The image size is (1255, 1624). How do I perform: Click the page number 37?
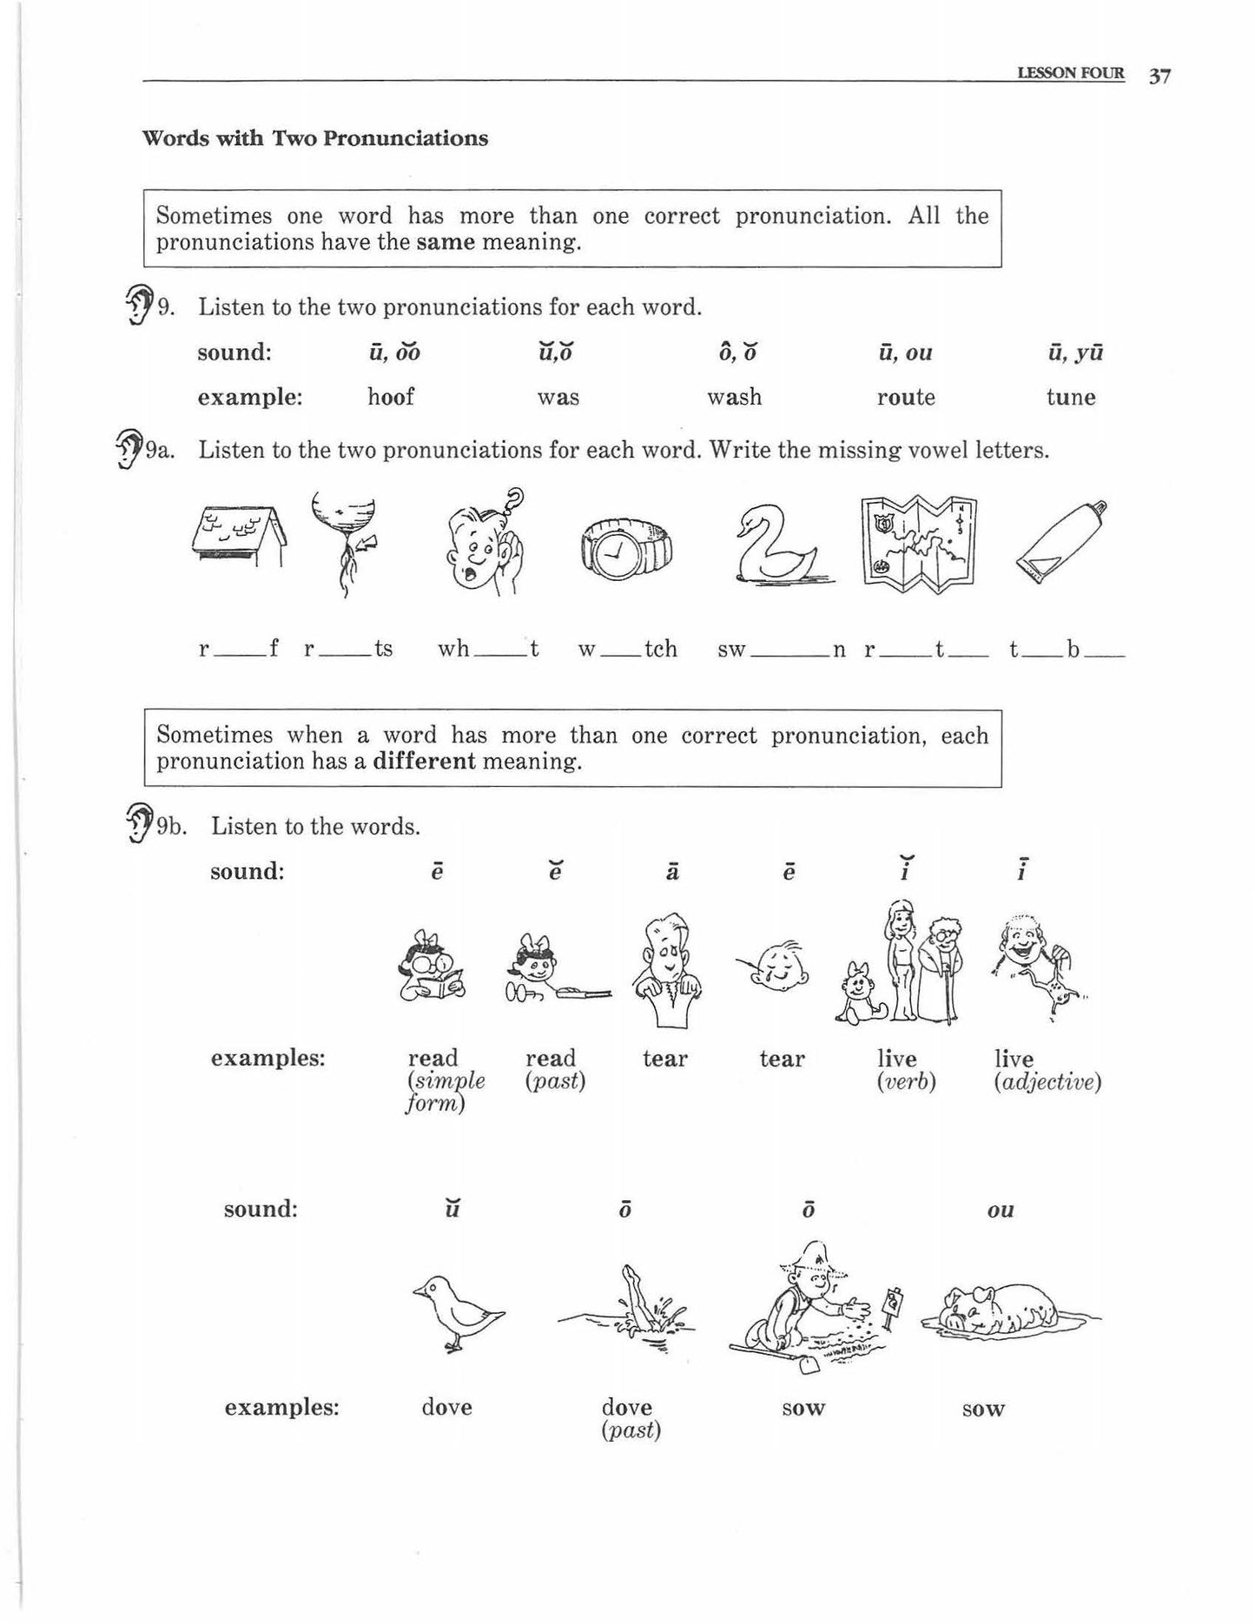(x=1159, y=76)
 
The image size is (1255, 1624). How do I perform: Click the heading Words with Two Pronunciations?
(x=314, y=139)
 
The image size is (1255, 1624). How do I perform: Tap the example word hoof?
(x=391, y=398)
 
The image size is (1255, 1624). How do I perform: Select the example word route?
(x=906, y=398)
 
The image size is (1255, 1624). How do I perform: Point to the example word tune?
(x=1071, y=398)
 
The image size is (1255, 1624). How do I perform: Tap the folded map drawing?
(x=919, y=545)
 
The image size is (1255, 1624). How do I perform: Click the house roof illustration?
(x=237, y=537)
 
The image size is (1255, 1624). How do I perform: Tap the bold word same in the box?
(x=446, y=241)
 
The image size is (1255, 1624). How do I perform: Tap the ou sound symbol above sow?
(x=1001, y=1210)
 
